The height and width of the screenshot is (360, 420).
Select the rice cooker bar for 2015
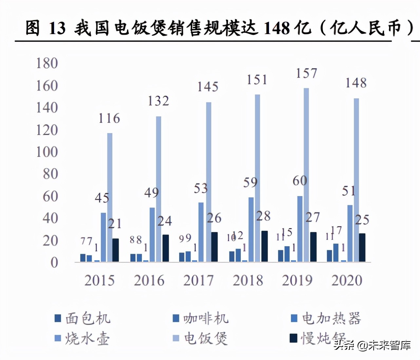click(110, 197)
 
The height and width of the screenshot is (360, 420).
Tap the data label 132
click(158, 101)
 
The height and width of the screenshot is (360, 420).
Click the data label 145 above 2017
click(208, 87)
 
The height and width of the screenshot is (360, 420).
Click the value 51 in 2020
click(349, 191)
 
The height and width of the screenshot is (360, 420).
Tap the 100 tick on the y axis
click(47, 152)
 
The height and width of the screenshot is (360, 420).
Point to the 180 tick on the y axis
click(47, 63)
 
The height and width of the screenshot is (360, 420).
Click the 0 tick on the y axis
click(54, 262)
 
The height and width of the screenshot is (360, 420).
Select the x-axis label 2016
click(149, 280)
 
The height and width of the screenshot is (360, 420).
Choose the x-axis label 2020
click(347, 280)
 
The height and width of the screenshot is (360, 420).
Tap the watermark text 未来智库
click(390, 345)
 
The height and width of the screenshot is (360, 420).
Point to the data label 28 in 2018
click(263, 216)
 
